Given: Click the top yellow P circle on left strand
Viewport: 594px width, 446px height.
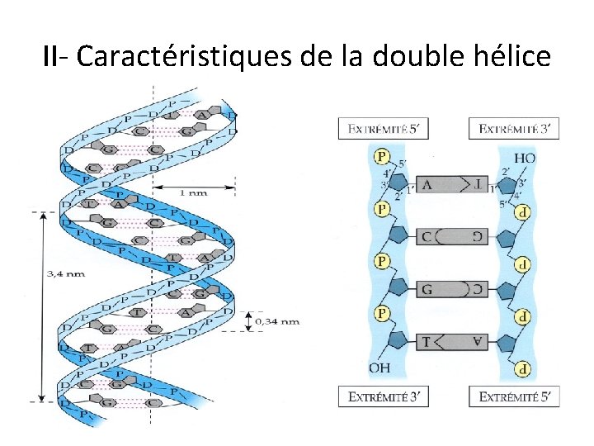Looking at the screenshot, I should click(382, 156).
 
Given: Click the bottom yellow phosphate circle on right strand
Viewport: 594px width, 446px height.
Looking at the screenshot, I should click(523, 369).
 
